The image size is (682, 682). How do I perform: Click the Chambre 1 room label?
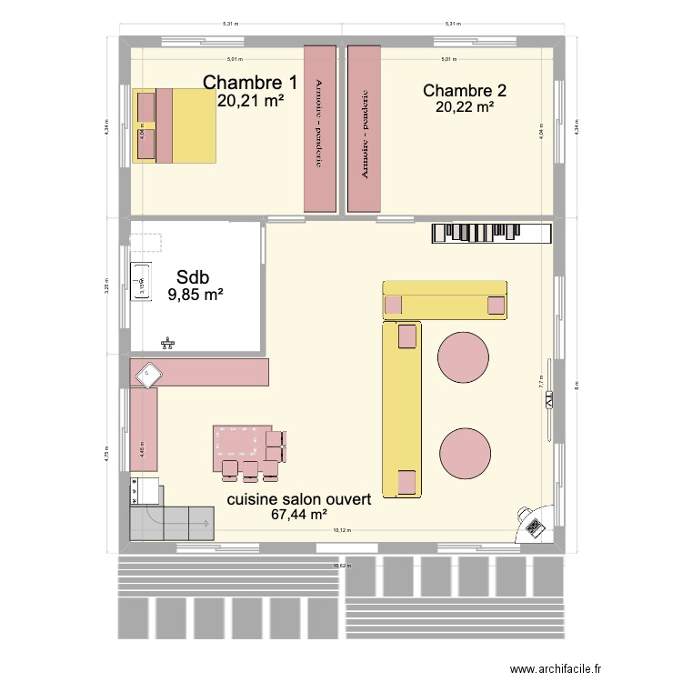pyautogui.click(x=249, y=83)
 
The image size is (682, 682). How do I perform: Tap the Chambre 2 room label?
pyautogui.click(x=465, y=90)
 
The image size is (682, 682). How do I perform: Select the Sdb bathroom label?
pyautogui.click(x=196, y=276)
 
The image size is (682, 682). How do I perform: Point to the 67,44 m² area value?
pyautogui.click(x=298, y=515)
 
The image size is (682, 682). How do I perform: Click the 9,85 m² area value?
pyautogui.click(x=196, y=294)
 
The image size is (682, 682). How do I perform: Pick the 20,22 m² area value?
pyautogui.click(x=465, y=106)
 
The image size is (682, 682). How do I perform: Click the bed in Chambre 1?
pyautogui.click(x=176, y=125)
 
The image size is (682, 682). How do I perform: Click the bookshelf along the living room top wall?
pyautogui.click(x=491, y=234)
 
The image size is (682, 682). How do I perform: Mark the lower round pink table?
pyautogui.click(x=466, y=452)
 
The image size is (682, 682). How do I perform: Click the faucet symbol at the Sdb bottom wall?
pyautogui.click(x=167, y=344)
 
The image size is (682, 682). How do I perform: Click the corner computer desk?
pyautogui.click(x=532, y=524)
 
